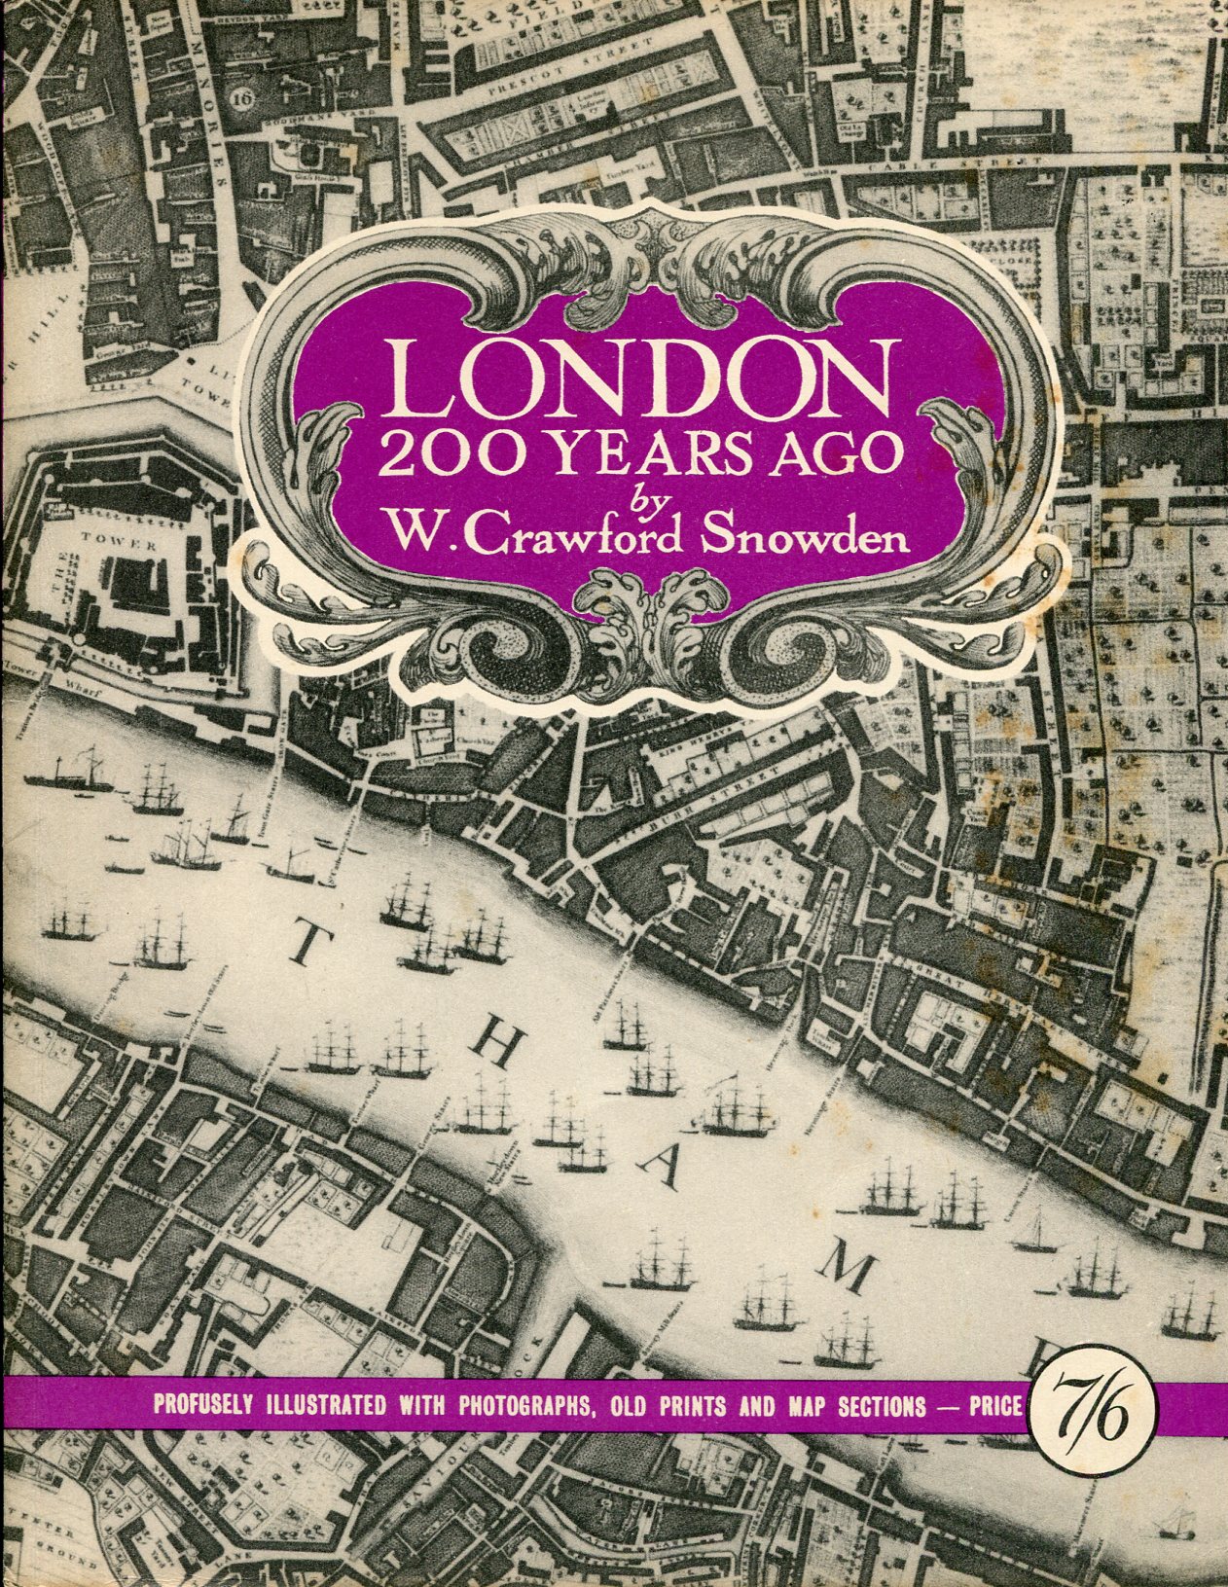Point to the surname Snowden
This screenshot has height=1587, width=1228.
(808, 534)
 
